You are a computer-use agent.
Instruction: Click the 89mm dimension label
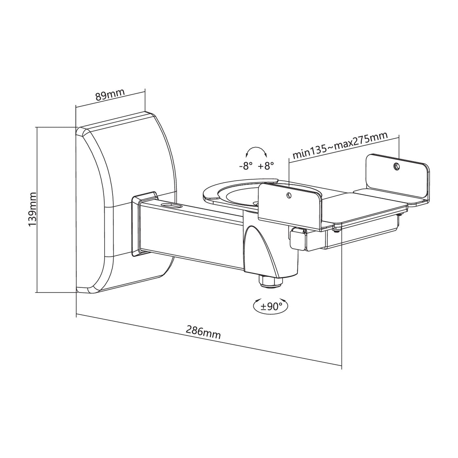(x=110, y=95)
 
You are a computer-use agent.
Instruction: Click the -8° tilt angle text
(x=246, y=166)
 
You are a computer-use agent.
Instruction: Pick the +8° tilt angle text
(x=266, y=166)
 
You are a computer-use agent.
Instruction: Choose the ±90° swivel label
(x=271, y=307)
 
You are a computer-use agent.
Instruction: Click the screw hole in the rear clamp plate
(x=397, y=167)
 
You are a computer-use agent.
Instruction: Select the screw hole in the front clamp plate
(x=288, y=195)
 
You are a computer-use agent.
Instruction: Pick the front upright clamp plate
(x=289, y=206)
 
